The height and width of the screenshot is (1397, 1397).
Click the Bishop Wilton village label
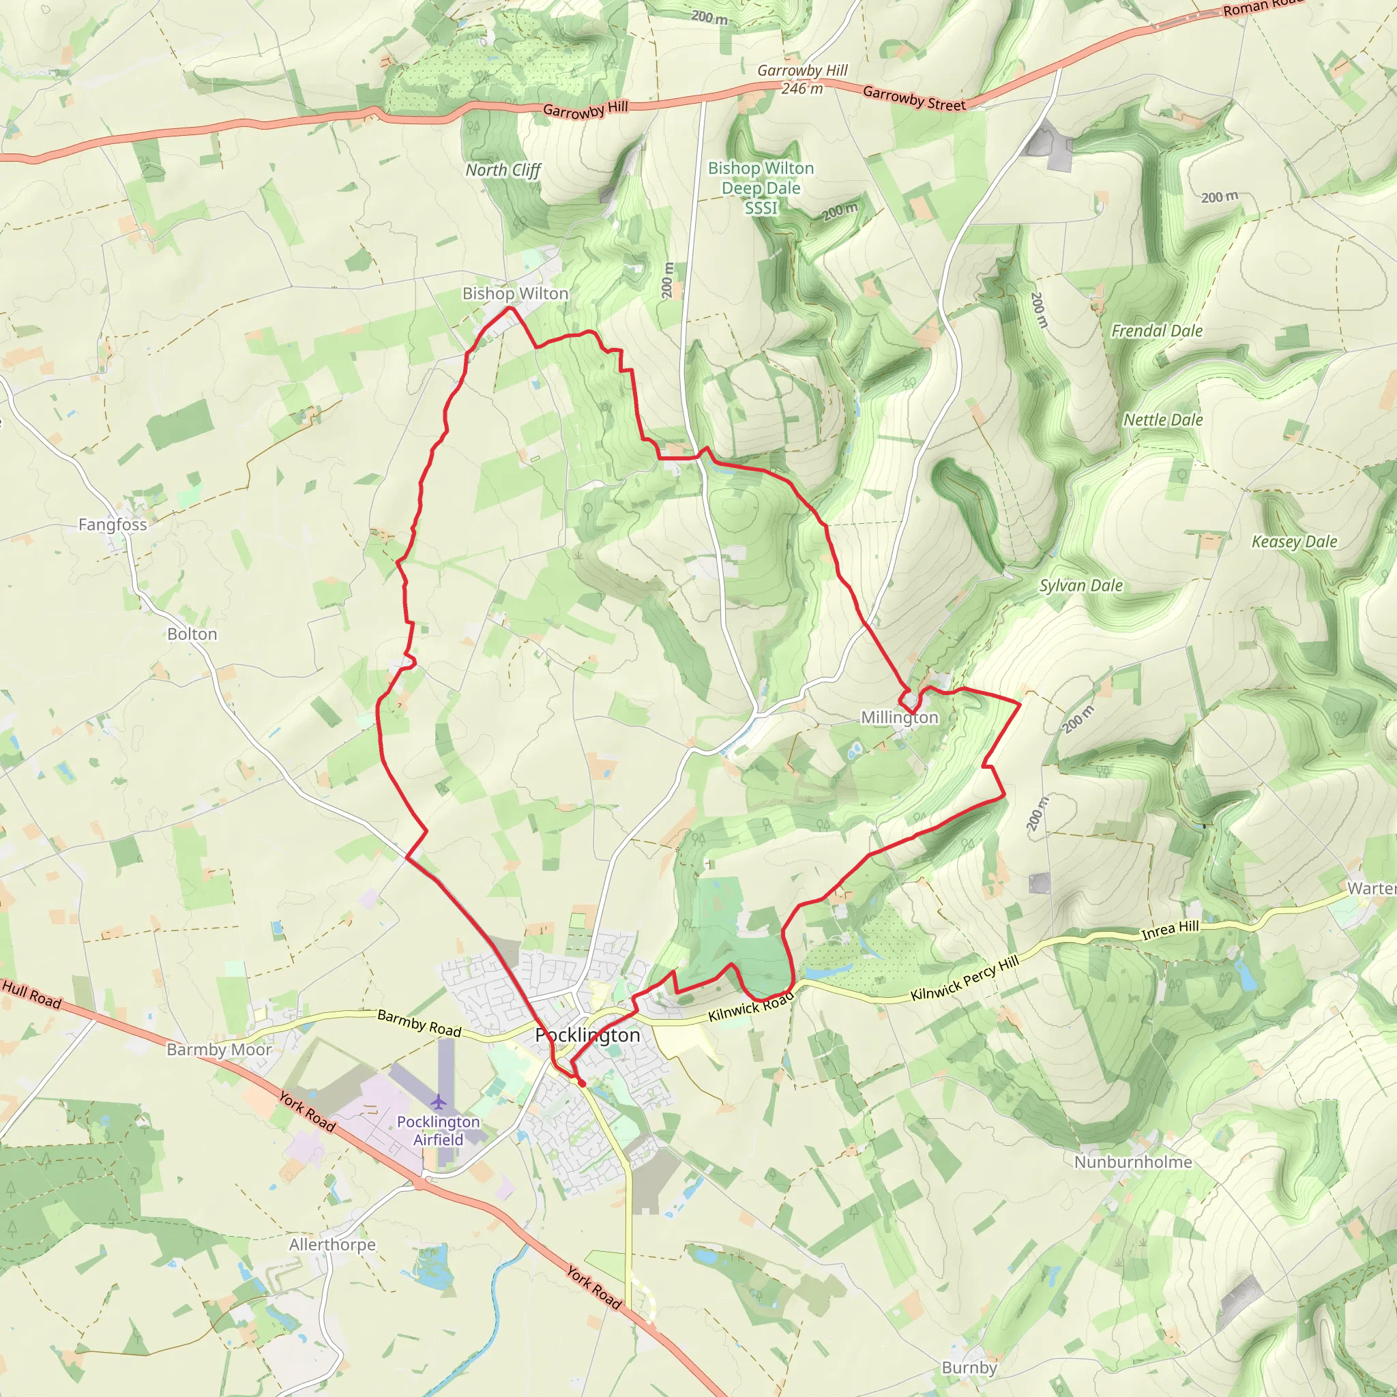coord(515,293)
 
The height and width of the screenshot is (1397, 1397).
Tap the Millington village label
coord(899,718)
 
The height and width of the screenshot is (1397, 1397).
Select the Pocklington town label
coord(588,1035)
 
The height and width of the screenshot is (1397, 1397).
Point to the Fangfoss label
coord(112,525)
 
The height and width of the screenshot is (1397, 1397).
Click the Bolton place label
coord(192,634)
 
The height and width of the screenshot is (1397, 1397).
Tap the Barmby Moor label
coord(219,1049)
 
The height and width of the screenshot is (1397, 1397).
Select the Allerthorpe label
coord(332,1244)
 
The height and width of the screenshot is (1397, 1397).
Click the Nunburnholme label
coord(1132,1162)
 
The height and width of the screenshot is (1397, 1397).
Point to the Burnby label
coord(969,1368)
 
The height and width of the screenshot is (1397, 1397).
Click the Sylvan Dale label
coord(1081,586)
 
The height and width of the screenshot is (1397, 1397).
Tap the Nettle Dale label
coord(1163,420)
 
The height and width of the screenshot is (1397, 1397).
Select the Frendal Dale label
coord(1156,331)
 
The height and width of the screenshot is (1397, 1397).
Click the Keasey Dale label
coord(1293,542)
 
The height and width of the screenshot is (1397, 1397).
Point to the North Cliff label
coord(503,171)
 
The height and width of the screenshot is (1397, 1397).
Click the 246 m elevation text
coord(802,88)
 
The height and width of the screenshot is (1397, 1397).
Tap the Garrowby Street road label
coord(914,99)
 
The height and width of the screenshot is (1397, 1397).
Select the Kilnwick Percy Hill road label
coord(965,977)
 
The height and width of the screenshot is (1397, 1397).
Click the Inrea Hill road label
coord(1170,930)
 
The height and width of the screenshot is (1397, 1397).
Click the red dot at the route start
coord(581,1083)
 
